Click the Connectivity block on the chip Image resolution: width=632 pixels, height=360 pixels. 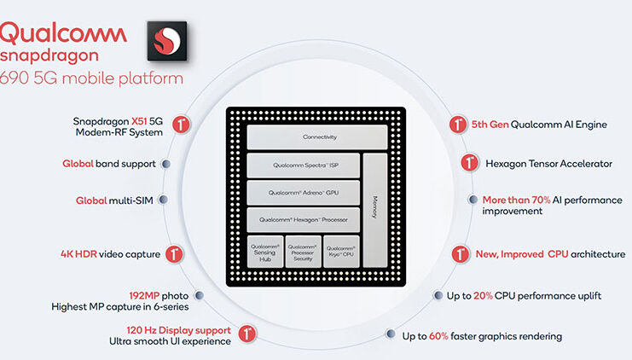(302, 136)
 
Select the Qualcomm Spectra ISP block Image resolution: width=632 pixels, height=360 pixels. (302, 165)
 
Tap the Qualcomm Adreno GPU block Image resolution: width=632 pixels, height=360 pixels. (302, 192)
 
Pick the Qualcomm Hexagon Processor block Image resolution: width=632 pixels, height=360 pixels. (302, 219)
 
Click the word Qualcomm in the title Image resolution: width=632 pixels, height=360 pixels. (64, 33)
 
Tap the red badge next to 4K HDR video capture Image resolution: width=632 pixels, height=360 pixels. (176, 253)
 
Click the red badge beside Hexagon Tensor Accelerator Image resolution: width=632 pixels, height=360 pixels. (469, 162)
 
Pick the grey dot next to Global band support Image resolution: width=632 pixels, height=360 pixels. (165, 164)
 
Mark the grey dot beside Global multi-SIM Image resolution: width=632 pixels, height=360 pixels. (164, 200)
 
